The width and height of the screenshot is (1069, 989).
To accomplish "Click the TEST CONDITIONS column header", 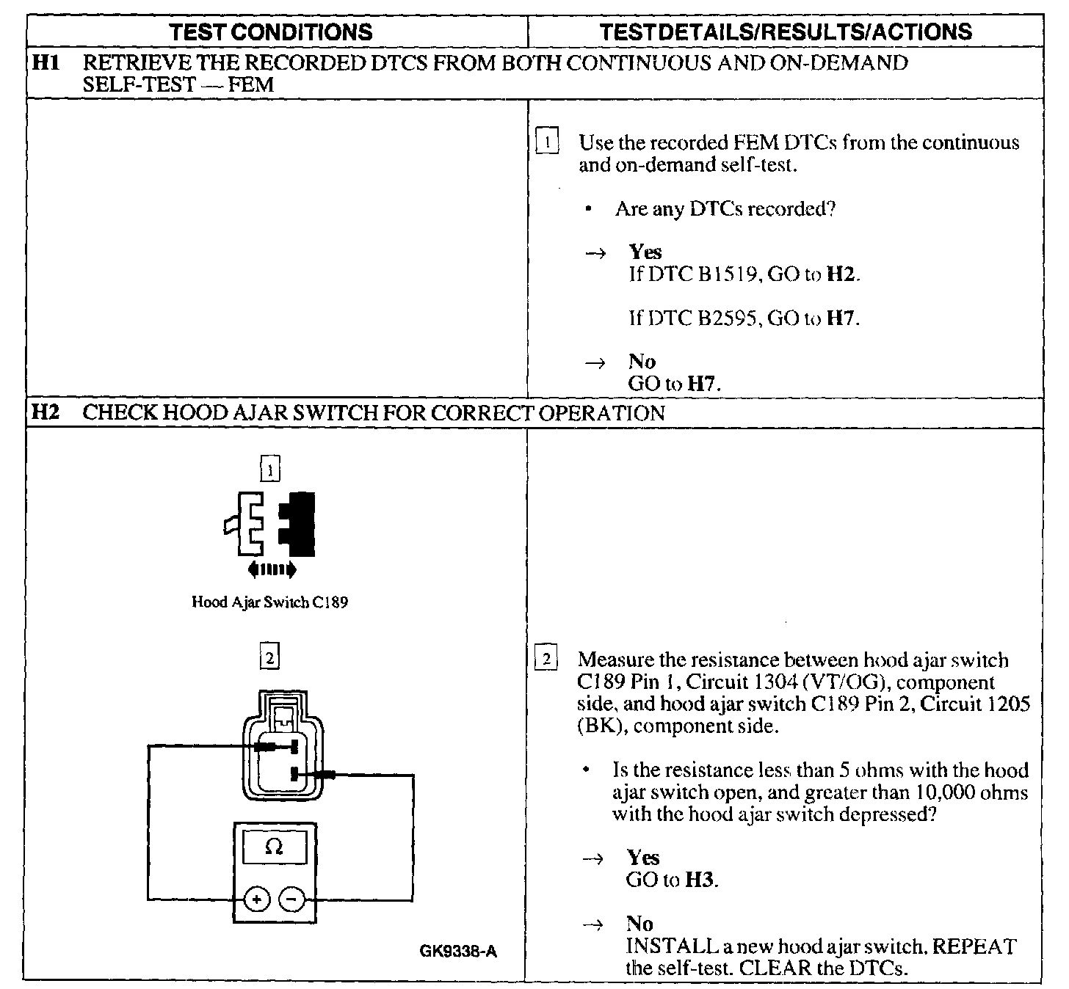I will coord(271,32).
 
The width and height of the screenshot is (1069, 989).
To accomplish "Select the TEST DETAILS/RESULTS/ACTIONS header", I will coord(786,32).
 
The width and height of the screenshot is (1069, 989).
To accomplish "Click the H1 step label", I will coord(45,63).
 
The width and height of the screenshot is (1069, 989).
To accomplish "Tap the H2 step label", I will coord(45,413).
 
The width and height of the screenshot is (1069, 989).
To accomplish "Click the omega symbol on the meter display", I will coord(274,847).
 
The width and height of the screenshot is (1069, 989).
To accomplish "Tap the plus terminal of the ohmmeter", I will coord(257,899).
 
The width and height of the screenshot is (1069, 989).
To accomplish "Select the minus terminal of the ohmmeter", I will coord(292,899).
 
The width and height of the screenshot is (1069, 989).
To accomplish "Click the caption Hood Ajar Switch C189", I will coord(269,602).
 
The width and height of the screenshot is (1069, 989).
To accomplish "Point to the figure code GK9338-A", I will coord(458,952).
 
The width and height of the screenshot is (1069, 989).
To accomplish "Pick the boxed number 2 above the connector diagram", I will coord(269,659).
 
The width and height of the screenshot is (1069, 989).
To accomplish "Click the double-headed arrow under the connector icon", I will coord(272,569).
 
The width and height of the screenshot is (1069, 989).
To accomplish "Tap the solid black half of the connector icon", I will coord(300,523).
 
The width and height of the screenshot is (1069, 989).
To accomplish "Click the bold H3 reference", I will coord(700,880).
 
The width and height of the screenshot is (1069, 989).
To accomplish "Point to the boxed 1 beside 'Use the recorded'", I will coord(548,141).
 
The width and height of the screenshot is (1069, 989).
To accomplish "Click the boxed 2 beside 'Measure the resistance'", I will coord(546,659).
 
